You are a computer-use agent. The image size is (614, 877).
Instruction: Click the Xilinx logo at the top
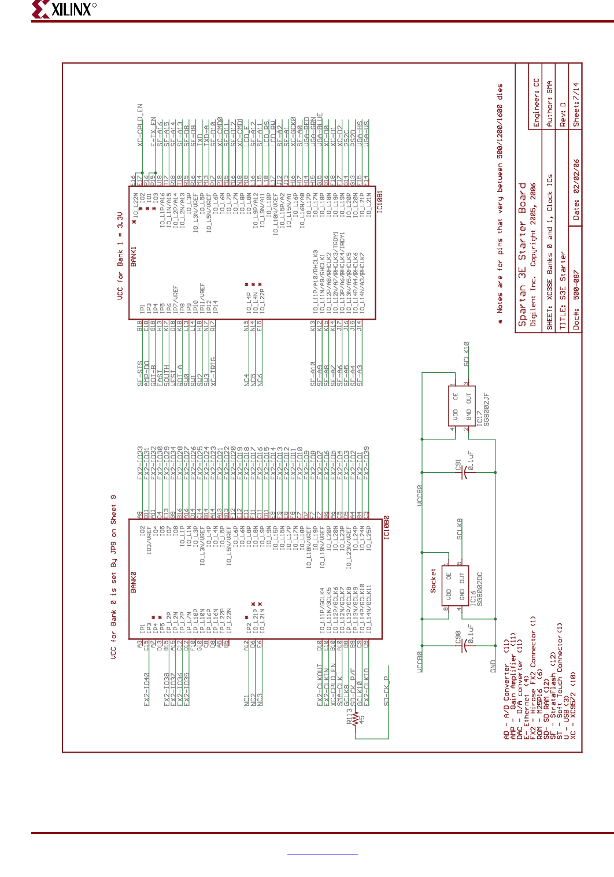pos(64,9)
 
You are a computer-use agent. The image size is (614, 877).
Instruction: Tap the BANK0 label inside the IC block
pos(134,582)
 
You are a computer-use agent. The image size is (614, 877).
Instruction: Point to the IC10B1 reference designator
pos(380,201)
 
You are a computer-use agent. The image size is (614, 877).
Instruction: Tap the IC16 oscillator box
pos(455,585)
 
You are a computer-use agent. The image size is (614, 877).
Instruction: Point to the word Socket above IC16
pos(433,580)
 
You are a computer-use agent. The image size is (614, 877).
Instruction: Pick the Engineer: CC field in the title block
pos(536,103)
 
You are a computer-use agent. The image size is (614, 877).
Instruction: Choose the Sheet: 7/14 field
pos(575,105)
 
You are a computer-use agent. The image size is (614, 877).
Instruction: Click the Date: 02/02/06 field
pos(576,190)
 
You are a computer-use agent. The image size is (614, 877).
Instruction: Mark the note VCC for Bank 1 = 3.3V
pos(120,256)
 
